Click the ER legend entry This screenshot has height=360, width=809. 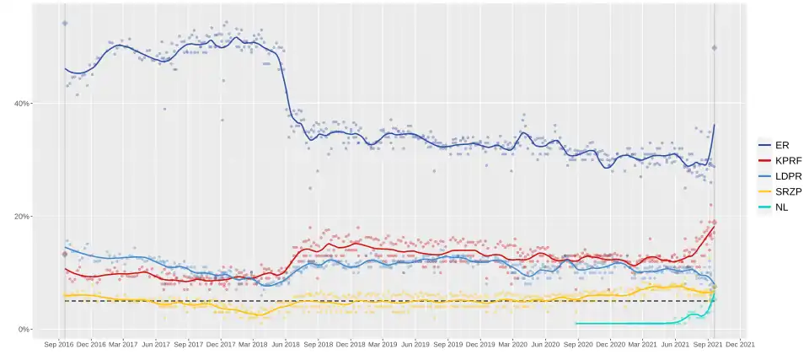tap(775, 145)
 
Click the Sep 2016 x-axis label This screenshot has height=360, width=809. tap(57, 344)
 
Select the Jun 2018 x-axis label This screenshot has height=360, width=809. tap(286, 344)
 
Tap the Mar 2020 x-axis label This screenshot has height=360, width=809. tap(514, 344)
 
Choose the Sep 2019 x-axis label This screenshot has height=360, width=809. tap(449, 344)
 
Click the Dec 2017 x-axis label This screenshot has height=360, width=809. tap(221, 344)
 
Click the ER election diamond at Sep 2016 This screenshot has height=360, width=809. tap(65, 24)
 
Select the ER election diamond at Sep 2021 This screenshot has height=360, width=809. tap(714, 48)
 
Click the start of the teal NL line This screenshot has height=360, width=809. tap(576, 323)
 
